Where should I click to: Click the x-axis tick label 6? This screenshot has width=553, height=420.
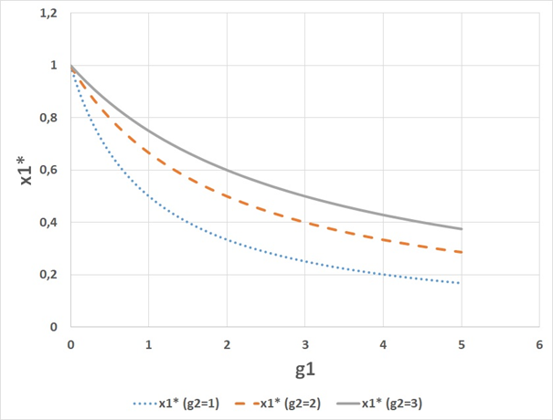pos(539,344)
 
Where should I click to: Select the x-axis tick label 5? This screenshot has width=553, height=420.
pos(462,344)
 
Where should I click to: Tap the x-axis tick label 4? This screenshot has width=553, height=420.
pos(383,344)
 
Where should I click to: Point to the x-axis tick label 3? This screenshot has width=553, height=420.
pos(305,344)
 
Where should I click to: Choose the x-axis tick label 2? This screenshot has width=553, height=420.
pos(227,344)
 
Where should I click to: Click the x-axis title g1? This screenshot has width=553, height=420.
pos(304,370)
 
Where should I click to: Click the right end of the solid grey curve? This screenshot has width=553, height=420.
pos(462,229)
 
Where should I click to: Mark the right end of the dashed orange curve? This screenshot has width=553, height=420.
pos(462,252)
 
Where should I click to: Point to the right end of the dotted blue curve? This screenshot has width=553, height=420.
pos(462,283)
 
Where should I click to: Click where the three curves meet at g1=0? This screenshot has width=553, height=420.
pos(71,67)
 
